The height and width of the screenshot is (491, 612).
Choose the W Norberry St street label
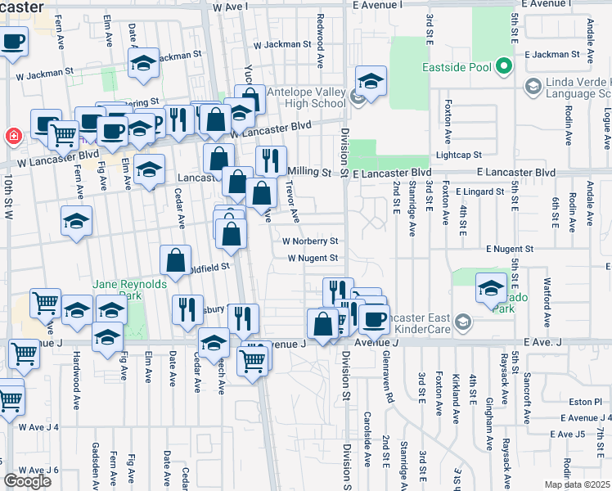310,241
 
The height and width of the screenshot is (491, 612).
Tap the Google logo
27,481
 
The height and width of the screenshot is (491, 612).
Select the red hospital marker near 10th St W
12,135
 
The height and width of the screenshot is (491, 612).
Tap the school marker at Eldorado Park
491,288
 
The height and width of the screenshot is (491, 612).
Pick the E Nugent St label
509,248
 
